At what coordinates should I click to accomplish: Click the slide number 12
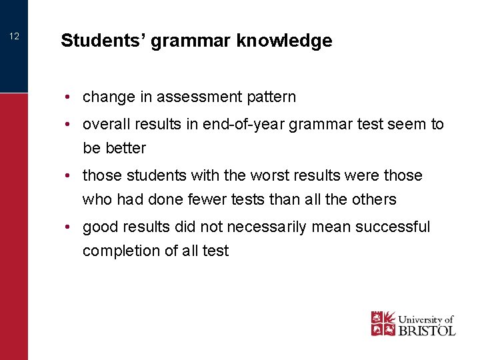[14, 37]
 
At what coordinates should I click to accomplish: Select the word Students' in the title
[103, 41]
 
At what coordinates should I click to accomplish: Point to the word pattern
[272, 97]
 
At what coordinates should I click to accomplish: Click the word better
[125, 148]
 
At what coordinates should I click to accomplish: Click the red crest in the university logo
[383, 323]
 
